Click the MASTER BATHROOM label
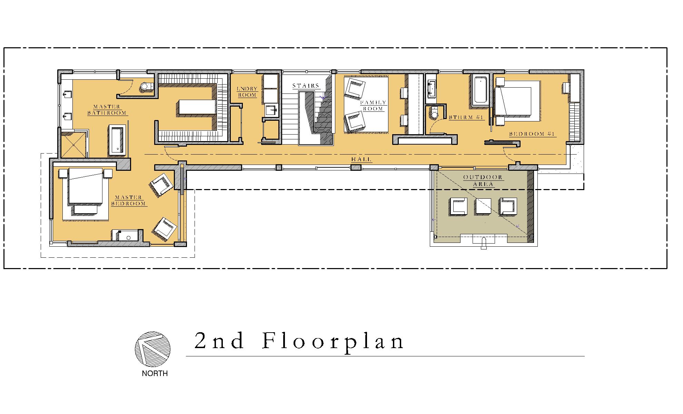(107, 110)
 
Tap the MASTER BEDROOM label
(129, 200)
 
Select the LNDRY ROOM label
(247, 92)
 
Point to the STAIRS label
(306, 86)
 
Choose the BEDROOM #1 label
(533, 134)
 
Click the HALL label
(362, 159)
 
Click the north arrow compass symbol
(152, 349)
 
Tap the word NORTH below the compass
(155, 374)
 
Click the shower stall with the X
(74, 145)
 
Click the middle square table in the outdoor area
(483, 206)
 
